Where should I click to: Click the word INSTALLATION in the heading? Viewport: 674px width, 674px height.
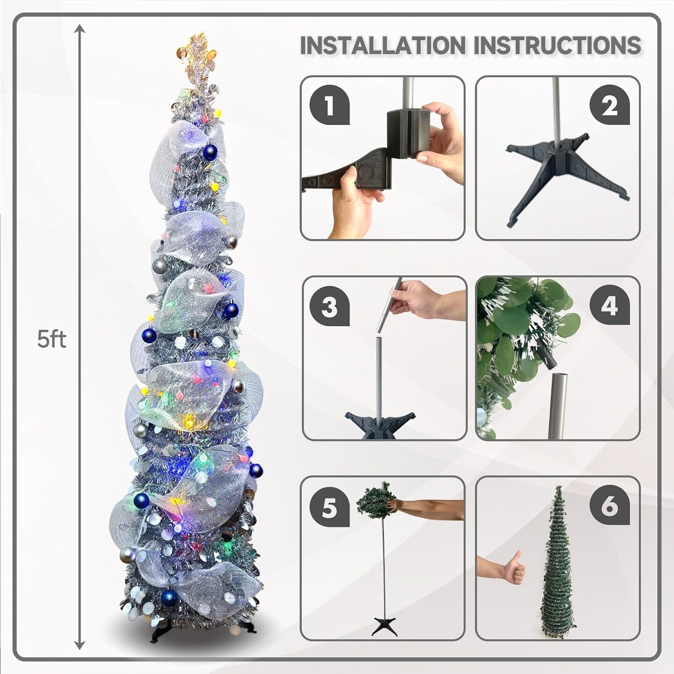[x=382, y=45]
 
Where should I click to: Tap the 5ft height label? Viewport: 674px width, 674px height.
[x=51, y=339]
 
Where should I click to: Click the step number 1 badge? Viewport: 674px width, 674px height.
[x=330, y=105]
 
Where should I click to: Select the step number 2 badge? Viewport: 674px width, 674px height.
[x=609, y=105]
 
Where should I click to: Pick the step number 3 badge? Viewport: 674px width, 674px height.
[x=330, y=307]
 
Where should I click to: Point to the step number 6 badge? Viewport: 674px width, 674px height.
[x=609, y=506]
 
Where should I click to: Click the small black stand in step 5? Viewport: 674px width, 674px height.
[x=385, y=626]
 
